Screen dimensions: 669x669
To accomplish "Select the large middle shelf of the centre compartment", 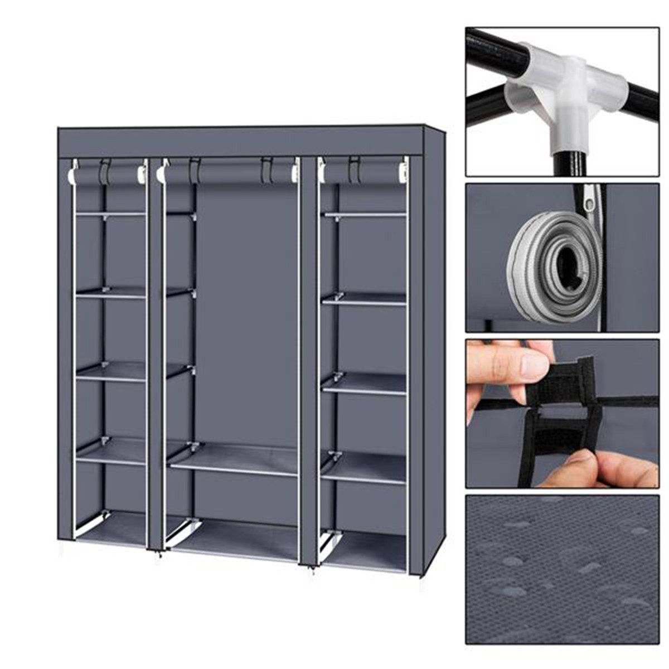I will (x=234, y=459).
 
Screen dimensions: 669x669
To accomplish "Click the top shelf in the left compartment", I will (x=110, y=214).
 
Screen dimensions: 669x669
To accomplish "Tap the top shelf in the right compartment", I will (x=365, y=214).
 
